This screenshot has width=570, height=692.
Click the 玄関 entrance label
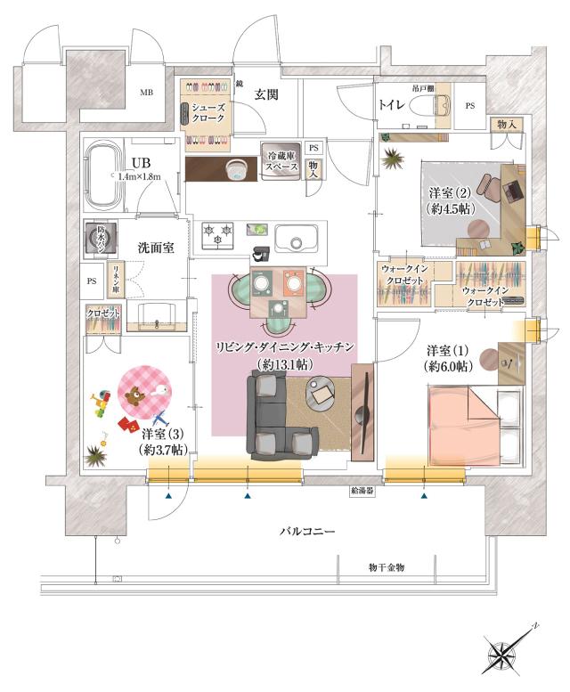click(266, 94)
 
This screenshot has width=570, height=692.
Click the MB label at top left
click(144, 92)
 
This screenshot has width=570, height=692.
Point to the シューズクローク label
click(208, 112)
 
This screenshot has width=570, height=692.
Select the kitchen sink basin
click(297, 238)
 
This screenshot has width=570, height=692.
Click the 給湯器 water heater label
click(362, 491)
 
